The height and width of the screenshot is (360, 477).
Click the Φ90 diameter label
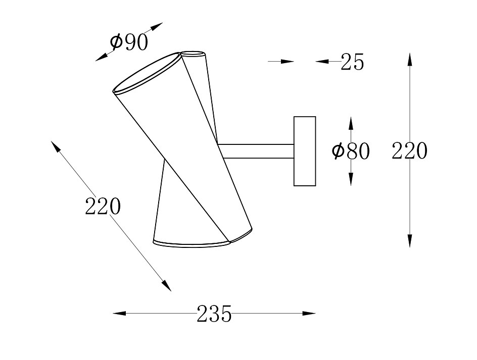coord(129,42)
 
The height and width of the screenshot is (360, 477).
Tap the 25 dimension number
coord(352,62)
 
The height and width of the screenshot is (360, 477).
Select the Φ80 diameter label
coord(351,151)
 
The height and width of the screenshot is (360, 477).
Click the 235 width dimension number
coord(214,314)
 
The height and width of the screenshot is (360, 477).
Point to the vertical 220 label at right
coord(409,151)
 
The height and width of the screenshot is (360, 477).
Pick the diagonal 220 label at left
coord(103,206)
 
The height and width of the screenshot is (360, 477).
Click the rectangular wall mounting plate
coord(305,151)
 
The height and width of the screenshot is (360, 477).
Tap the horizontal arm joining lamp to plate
coord(256,151)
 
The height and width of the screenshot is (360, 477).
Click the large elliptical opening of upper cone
coord(147,73)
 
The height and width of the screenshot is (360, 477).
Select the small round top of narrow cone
coord(193,54)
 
